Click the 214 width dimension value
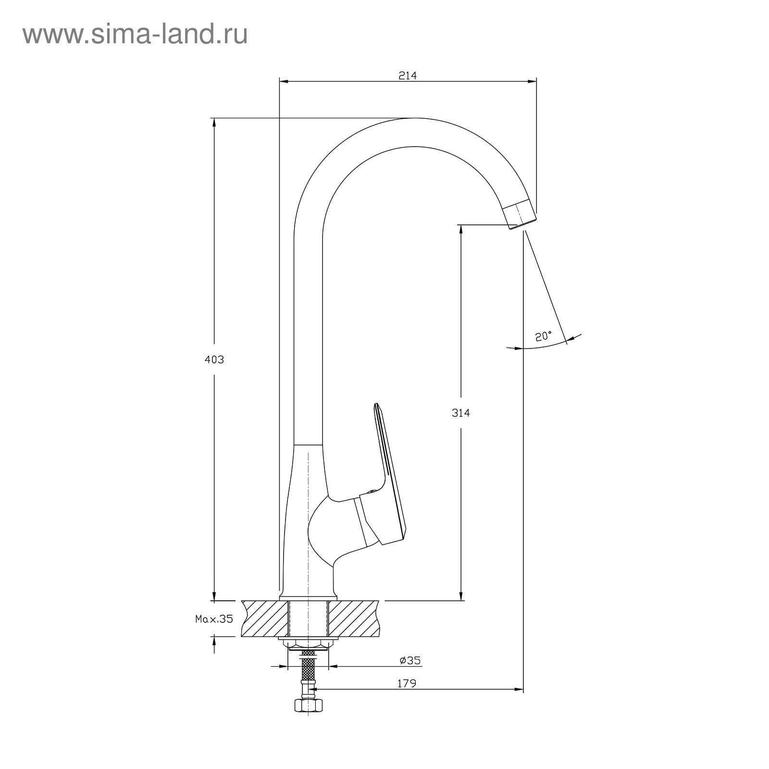tap(408, 75)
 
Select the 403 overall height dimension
tap(214, 360)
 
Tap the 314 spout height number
tap(460, 412)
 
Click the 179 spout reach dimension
tap(407, 683)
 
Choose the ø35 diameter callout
tap(410, 660)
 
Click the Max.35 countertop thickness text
tap(214, 619)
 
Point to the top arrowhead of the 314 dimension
tap(461, 230)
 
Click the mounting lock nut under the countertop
tap(308, 643)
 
